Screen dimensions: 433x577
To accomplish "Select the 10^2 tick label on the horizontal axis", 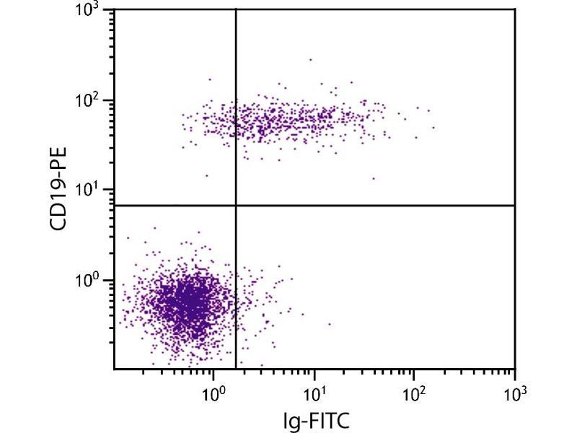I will pyautogui.click(x=414, y=395).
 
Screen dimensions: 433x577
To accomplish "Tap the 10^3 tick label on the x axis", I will pyautogui.click(x=514, y=395).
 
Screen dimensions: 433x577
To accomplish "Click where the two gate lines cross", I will pyautogui.click(x=236, y=206).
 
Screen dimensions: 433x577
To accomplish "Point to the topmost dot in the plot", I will pyautogui.click(x=311, y=60).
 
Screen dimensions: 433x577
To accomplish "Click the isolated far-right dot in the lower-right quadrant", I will pyautogui.click(x=330, y=324).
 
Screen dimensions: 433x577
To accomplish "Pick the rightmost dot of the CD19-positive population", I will pyautogui.click(x=433, y=128).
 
